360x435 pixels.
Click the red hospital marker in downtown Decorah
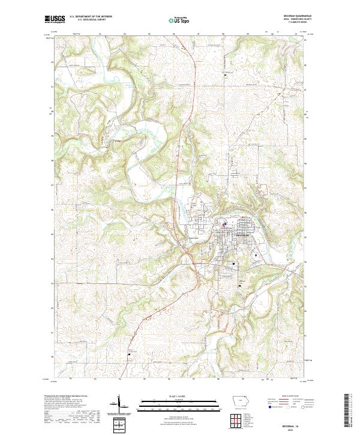click(x=225, y=226)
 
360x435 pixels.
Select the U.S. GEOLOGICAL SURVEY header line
click(x=91, y=20)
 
